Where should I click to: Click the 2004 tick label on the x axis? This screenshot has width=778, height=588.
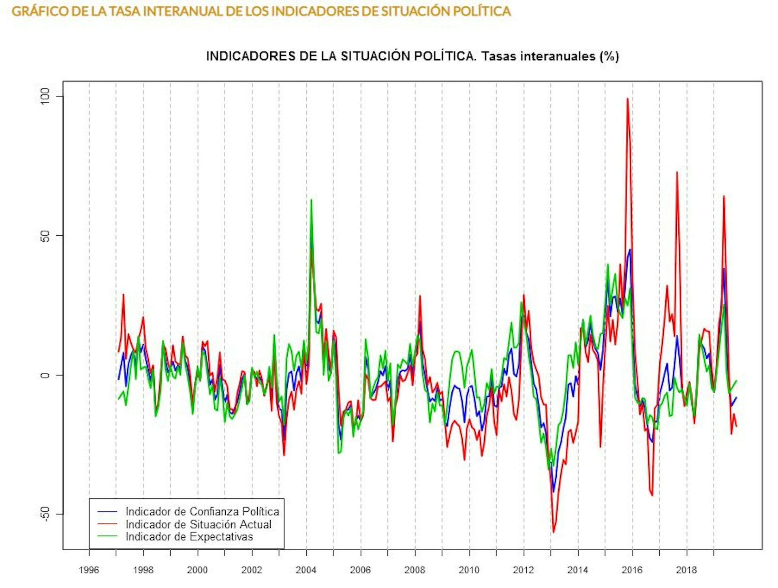[306, 570]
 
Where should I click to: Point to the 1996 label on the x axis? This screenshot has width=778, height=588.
[89, 570]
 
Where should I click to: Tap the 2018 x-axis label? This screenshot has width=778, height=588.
[686, 570]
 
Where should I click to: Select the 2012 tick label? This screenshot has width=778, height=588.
[523, 570]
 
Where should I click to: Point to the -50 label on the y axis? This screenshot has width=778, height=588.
[45, 514]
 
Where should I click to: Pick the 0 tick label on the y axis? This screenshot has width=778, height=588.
[45, 375]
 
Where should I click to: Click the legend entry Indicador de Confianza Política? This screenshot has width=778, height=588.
[202, 511]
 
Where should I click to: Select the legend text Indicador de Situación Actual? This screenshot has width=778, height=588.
[198, 524]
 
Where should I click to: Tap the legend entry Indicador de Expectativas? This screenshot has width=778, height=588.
[189, 536]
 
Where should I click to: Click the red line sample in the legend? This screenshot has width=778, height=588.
[107, 524]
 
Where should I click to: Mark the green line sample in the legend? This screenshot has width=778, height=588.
[107, 536]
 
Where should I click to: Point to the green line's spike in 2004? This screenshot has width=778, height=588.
[311, 200]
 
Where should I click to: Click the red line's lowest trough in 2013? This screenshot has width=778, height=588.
[554, 532]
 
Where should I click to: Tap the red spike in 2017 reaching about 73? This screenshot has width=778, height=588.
[677, 172]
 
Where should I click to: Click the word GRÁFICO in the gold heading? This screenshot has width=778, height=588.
[40, 11]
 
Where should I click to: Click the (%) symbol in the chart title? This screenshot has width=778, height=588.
[609, 56]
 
